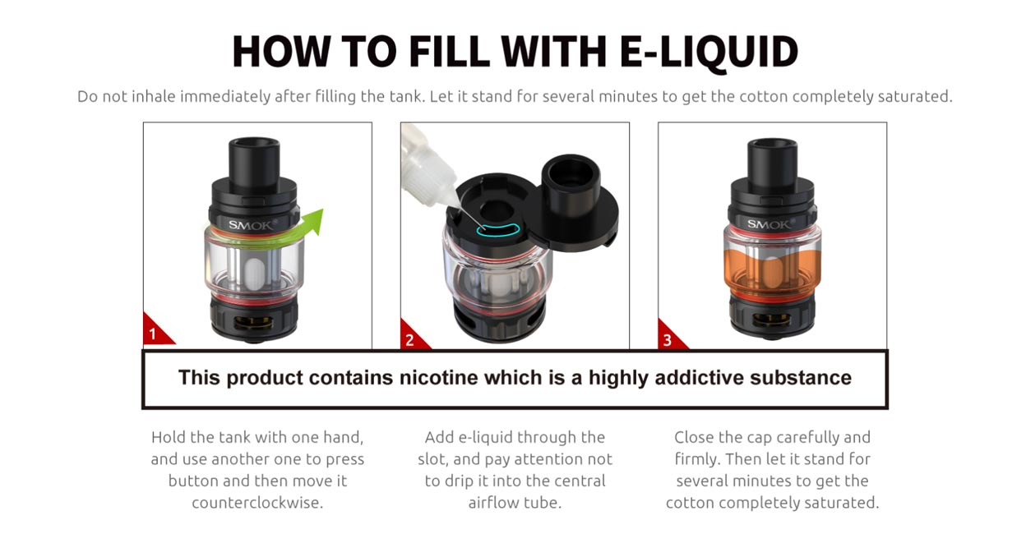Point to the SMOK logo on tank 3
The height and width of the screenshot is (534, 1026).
click(769, 223)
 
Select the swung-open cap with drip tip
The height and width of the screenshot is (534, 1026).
click(572, 197)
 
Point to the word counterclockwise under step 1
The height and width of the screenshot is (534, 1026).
click(257, 502)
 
